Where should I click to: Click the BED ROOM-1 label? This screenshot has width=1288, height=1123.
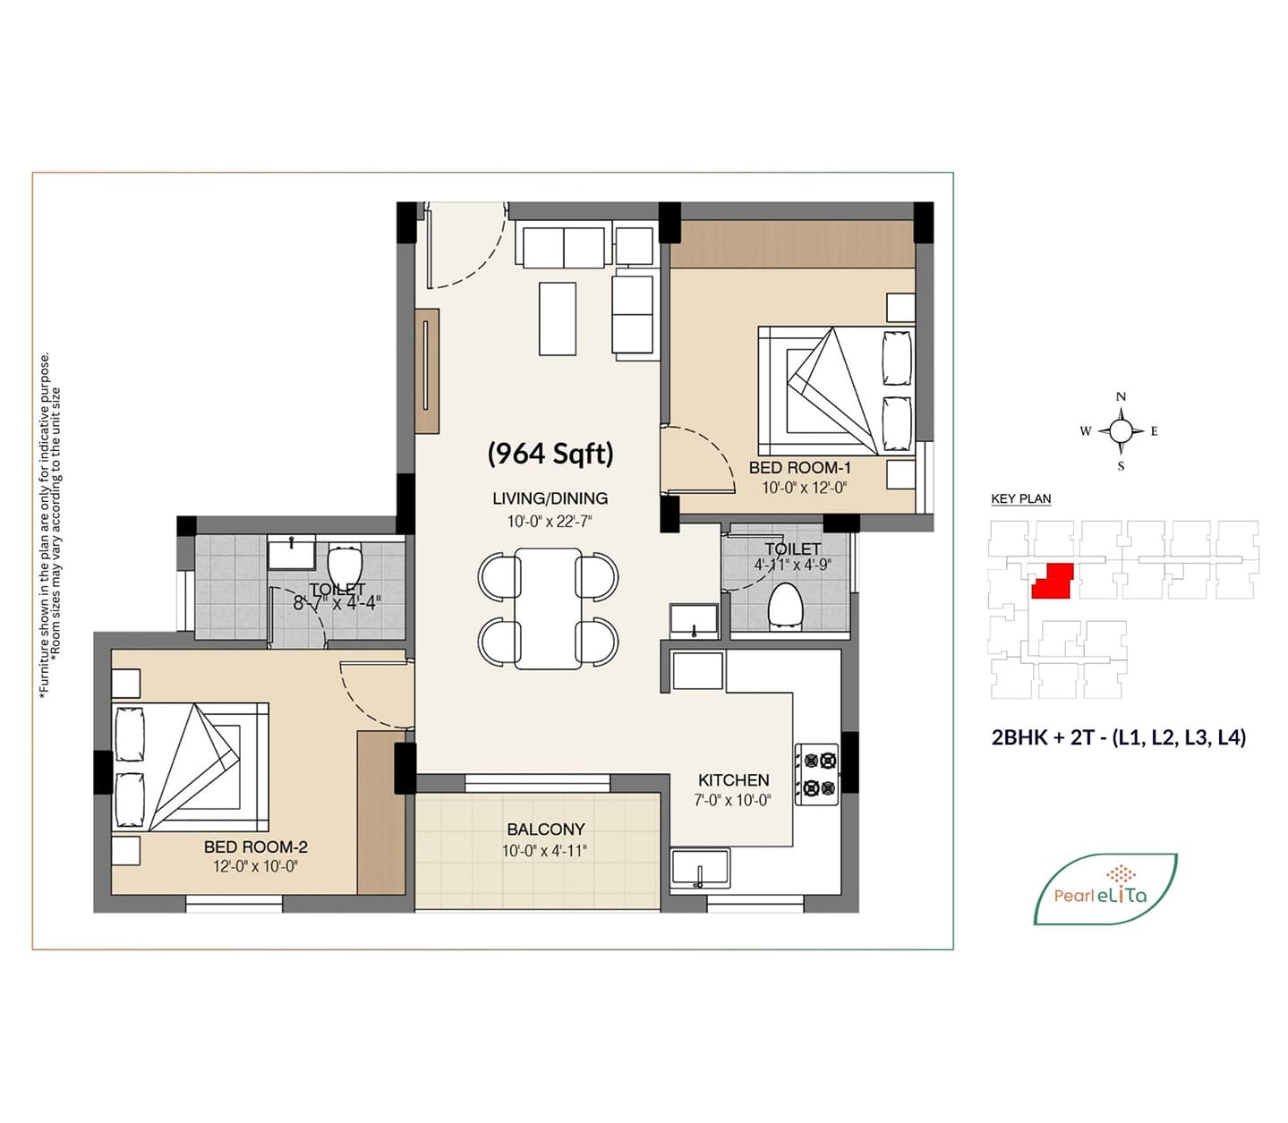[799, 467]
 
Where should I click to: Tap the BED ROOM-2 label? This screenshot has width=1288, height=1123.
[256, 847]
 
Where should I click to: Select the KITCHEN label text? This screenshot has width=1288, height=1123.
[733, 780]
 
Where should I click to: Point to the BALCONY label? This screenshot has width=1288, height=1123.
[546, 829]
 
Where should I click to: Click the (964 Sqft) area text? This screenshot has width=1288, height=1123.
[550, 453]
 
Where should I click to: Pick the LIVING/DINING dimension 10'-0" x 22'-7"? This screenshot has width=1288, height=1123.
[550, 521]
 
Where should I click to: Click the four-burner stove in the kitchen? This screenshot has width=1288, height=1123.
[816, 774]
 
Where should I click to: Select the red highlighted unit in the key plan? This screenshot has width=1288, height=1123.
[1053, 581]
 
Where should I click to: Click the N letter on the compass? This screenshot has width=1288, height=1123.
[1121, 397]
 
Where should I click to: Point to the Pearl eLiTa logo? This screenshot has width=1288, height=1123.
[1105, 889]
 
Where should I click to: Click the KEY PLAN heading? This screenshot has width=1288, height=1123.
[1021, 499]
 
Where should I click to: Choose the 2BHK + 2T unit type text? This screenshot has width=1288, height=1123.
[1119, 736]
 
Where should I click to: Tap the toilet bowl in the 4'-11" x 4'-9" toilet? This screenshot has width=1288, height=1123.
[786, 605]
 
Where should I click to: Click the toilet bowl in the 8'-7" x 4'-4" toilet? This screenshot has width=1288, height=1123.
[345, 564]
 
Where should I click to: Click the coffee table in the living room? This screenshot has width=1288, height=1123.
[558, 319]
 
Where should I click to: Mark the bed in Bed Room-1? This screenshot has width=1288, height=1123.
[836, 390]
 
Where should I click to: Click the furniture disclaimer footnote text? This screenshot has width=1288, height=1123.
[50, 525]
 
